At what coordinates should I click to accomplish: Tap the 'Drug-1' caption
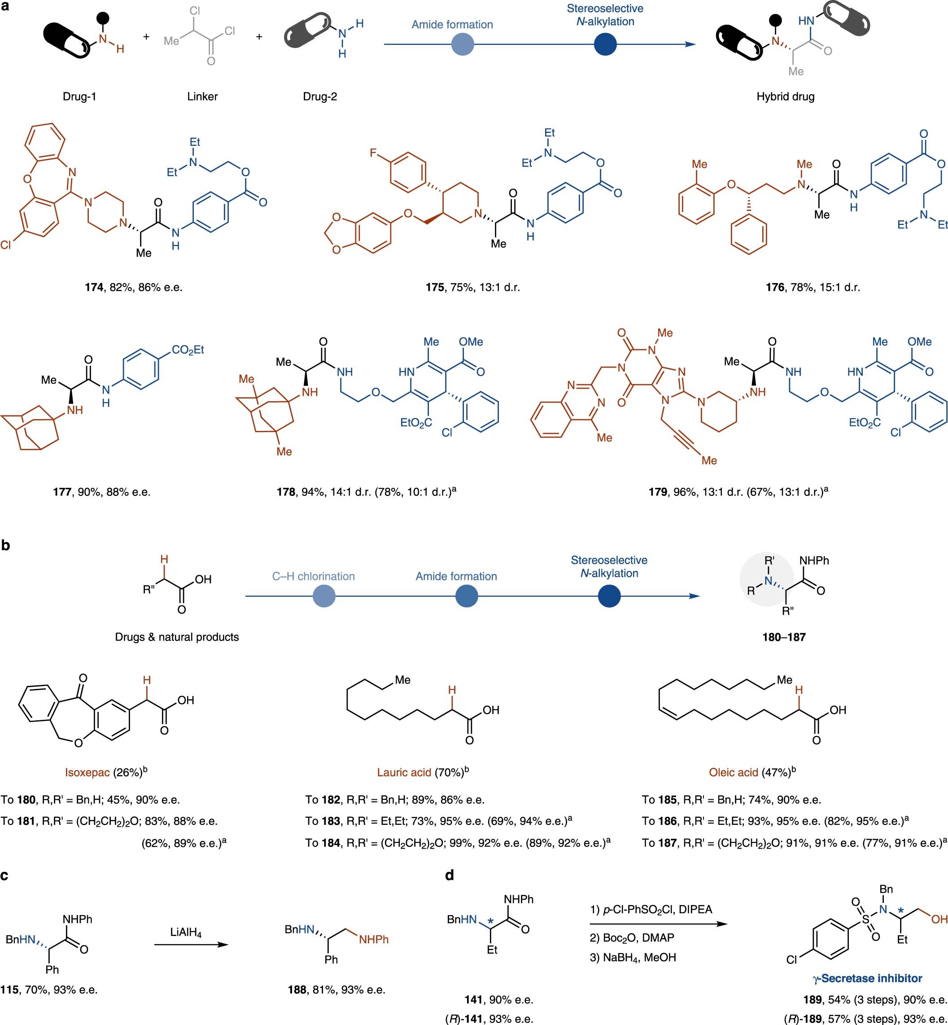pyautogui.click(x=79, y=96)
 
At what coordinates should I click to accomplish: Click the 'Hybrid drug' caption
pyautogui.click(x=786, y=96)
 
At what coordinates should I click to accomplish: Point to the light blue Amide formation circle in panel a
pyautogui.click(x=463, y=44)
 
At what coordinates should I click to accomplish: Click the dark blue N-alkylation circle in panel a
pyautogui.click(x=605, y=44)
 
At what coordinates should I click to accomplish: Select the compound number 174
pyautogui.click(x=94, y=287)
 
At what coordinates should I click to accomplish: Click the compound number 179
pyautogui.click(x=658, y=492)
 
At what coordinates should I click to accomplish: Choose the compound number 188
pyautogui.click(x=297, y=990)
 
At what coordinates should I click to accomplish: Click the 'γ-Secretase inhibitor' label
pyautogui.click(x=867, y=978)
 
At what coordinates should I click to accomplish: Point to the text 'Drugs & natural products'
pyautogui.click(x=177, y=637)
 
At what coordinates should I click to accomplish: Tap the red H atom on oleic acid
pyautogui.click(x=799, y=691)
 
